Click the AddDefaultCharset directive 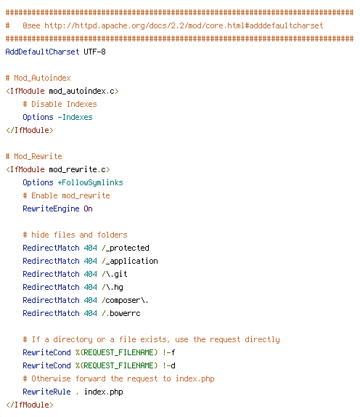pyautogui.click(x=42, y=52)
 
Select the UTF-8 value pyautogui.click(x=94, y=52)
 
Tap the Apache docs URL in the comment pyautogui.click(x=184, y=25)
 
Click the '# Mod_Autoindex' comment pyautogui.click(x=38, y=78)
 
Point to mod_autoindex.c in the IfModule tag pyautogui.click(x=81, y=91)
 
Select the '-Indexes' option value pyautogui.click(x=75, y=117)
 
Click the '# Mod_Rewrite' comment pyautogui.click(x=33, y=156)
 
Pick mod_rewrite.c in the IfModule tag pyautogui.click(x=78, y=169)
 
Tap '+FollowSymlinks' pyautogui.click(x=90, y=182)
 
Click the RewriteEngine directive pyautogui.click(x=51, y=208)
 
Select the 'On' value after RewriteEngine pyautogui.click(x=89, y=208)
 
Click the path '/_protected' pyautogui.click(x=126, y=248)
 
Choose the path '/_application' pyautogui.click(x=130, y=261)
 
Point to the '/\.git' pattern pyautogui.click(x=115, y=274)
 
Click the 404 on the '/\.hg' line pyautogui.click(x=90, y=287)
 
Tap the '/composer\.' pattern pyautogui.click(x=125, y=300)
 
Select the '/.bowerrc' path pyautogui.click(x=121, y=313)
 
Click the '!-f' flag pyautogui.click(x=168, y=352)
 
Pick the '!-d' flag pyautogui.click(x=168, y=365)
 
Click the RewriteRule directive pyautogui.click(x=46, y=392)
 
